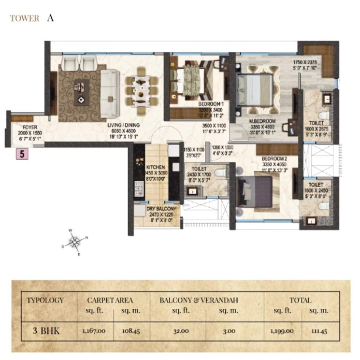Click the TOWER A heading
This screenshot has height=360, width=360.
pos(31,19)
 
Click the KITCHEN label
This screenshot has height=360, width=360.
pos(155,167)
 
